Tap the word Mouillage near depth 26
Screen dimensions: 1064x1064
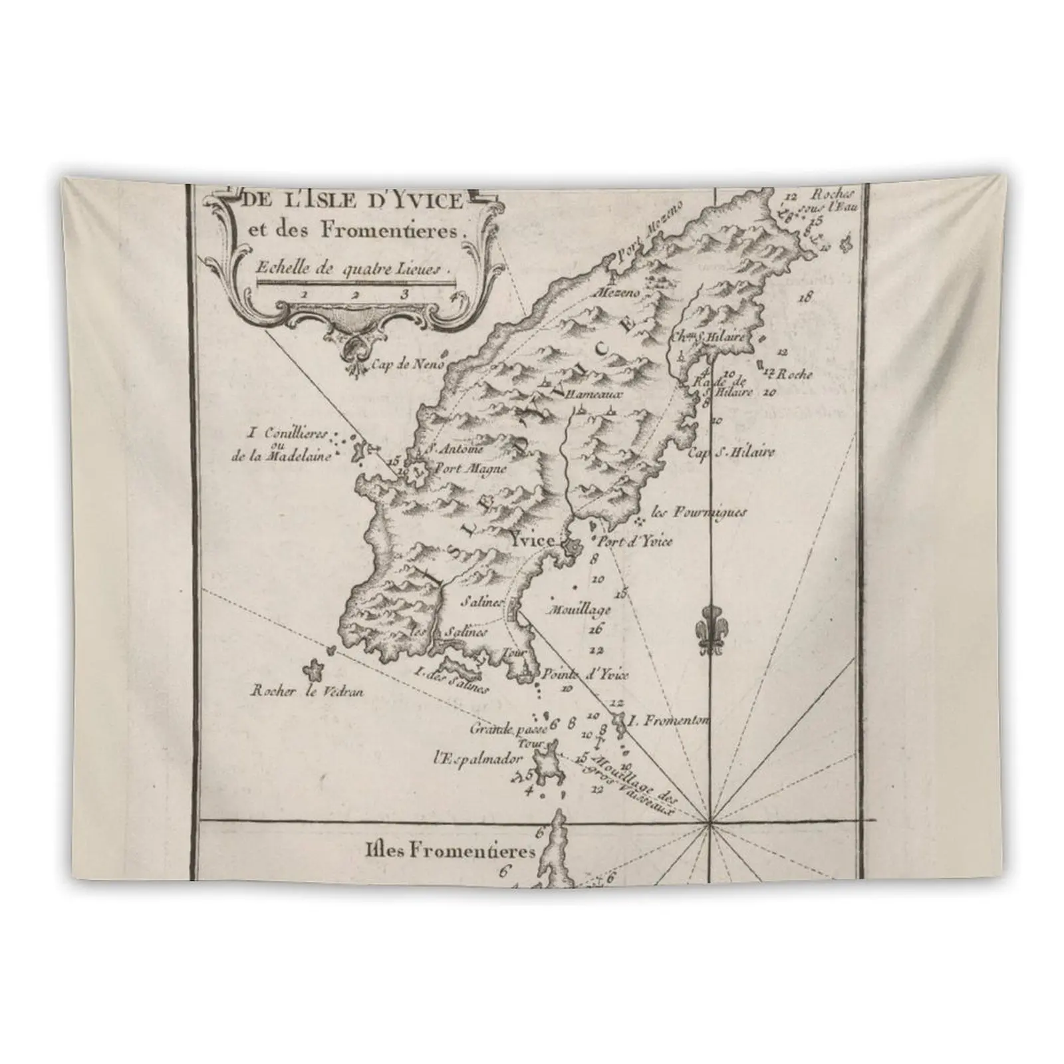(577, 609)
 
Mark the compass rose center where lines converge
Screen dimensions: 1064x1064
(710, 825)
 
